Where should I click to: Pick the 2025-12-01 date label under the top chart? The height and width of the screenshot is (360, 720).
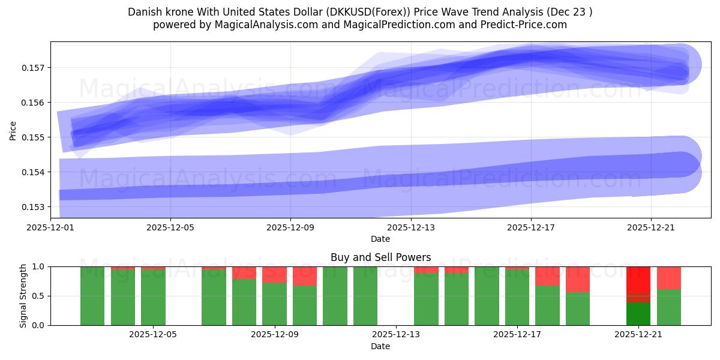50,228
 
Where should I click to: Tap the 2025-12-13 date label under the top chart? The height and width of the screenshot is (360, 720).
411,228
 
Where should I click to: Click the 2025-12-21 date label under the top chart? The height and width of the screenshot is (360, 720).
652,228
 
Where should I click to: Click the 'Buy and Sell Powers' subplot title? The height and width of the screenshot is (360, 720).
380,257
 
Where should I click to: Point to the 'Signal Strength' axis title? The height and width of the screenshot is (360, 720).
23,296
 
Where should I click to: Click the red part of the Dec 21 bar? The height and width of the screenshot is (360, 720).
638,280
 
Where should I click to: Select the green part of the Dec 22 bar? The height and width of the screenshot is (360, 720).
668,307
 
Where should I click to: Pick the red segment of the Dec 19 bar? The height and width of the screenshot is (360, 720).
578,279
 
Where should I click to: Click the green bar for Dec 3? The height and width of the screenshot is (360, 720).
92,296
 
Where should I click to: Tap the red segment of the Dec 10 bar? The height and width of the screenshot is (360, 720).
305,276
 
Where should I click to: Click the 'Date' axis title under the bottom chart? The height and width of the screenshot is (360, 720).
380,346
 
